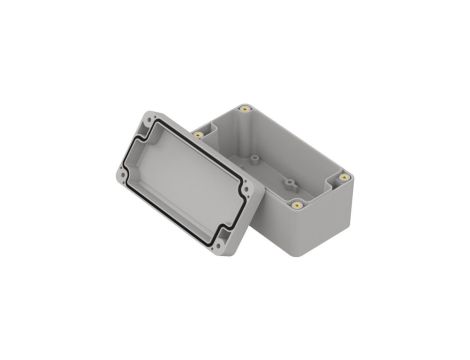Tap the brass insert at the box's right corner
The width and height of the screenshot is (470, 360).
(x=344, y=176)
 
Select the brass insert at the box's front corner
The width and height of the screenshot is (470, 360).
(x=297, y=203)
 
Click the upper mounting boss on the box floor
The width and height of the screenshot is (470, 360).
(x=257, y=158)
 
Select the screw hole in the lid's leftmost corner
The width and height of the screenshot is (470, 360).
(x=123, y=176)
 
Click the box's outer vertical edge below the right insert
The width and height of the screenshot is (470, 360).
(x=346, y=205)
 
